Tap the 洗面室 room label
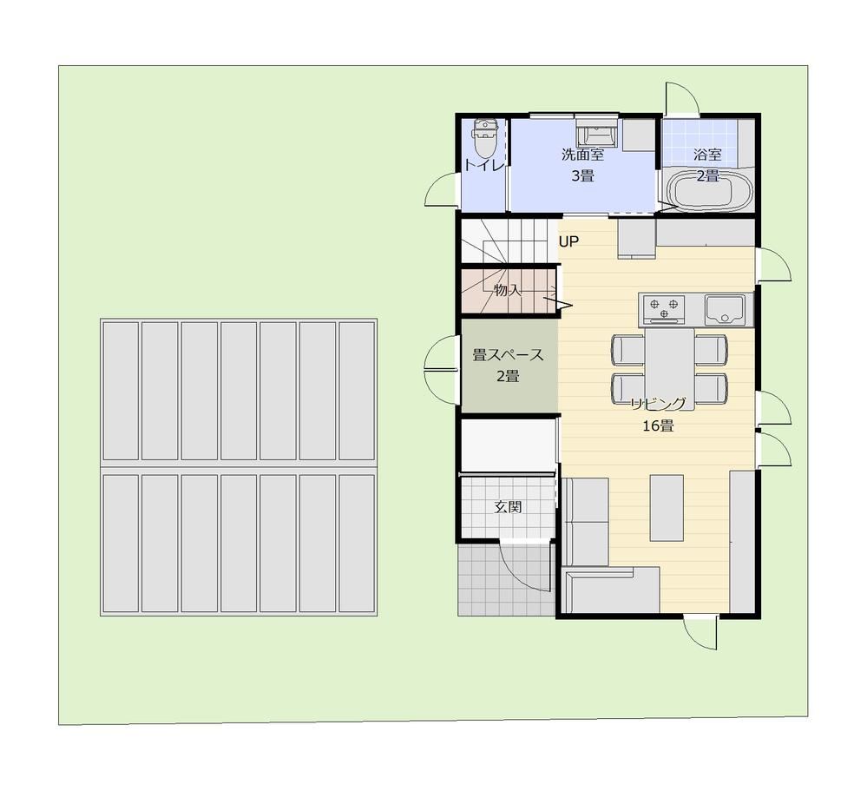582,155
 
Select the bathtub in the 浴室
710,190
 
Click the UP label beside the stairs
568,241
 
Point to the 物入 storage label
508,290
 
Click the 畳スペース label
508,354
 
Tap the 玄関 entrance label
508,507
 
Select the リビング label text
659,405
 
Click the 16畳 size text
658,426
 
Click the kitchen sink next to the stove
725,310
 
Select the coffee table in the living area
667,507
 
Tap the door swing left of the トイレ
441,189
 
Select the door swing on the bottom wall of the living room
701,633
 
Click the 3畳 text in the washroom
582,176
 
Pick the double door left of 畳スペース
441,368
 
